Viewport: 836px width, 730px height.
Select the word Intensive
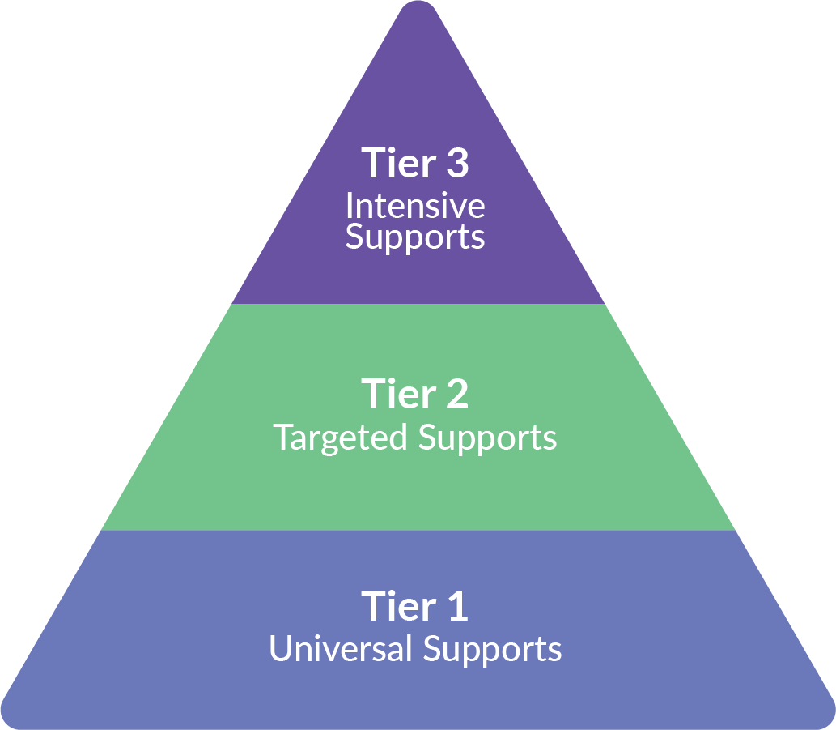414,206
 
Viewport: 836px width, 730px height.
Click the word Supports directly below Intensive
414,238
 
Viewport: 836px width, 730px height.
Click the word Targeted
340,438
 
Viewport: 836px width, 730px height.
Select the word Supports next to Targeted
487,438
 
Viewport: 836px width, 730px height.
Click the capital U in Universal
279,649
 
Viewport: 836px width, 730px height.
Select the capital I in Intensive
349,206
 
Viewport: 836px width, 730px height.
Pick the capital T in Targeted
282,438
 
